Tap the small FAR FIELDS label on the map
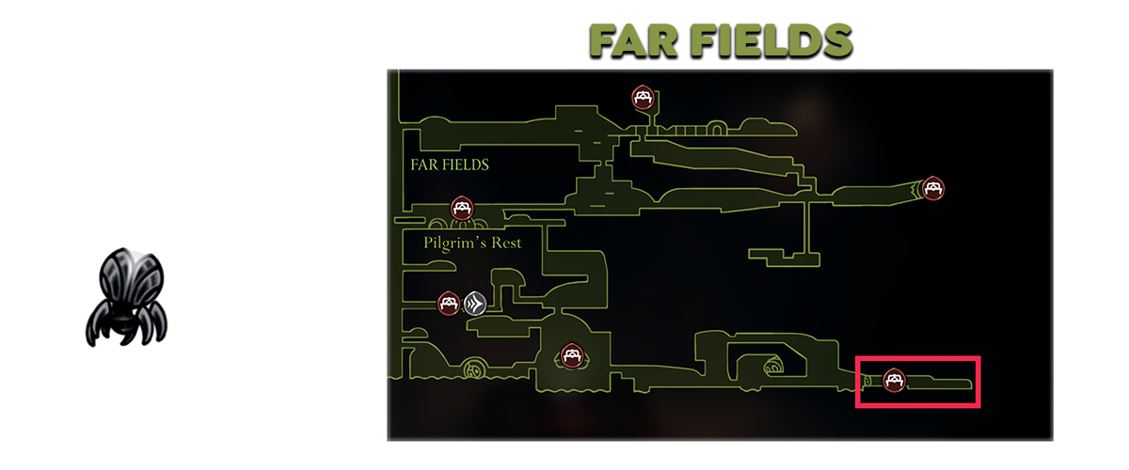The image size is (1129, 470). tap(450, 164)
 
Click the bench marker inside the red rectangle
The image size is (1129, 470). tap(895, 381)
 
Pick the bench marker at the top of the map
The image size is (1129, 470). tap(643, 97)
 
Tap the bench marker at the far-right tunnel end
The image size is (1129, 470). tap(932, 188)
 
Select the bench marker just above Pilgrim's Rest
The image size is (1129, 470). tap(461, 207)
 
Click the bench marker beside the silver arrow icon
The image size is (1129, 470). tap(449, 303)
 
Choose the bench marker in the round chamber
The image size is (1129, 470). tap(570, 356)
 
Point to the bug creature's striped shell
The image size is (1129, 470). tap(133, 278)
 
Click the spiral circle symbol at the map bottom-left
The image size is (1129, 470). tap(474, 369)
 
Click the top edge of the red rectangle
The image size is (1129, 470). tap(918, 358)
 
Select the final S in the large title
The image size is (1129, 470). tap(839, 40)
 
